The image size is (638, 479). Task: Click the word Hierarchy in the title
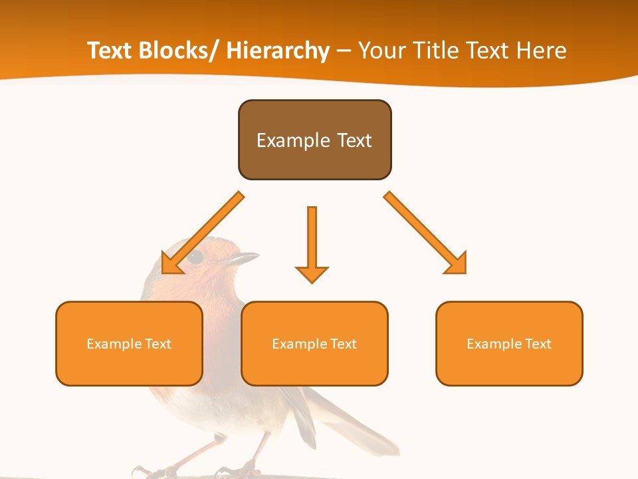[278, 51]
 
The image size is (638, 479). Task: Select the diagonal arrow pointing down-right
[425, 233]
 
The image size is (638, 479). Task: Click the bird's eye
[195, 257]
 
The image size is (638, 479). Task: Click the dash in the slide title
[344, 51]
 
